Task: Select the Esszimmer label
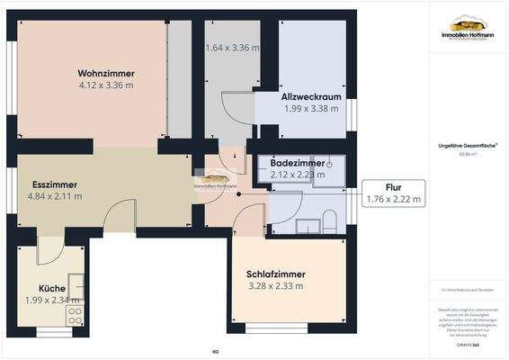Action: pyautogui.click(x=54, y=183)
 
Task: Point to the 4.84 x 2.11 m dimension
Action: pyautogui.click(x=55, y=195)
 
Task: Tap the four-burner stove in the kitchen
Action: pyautogui.click(x=76, y=315)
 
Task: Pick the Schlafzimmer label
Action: pyautogui.click(x=276, y=274)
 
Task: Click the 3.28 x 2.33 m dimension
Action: pyautogui.click(x=276, y=286)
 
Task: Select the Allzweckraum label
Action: pyautogui.click(x=310, y=96)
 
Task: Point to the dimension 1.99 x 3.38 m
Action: pyautogui.click(x=310, y=109)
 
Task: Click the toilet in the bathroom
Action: pyautogui.click(x=329, y=220)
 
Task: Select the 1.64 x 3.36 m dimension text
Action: pyautogui.click(x=232, y=48)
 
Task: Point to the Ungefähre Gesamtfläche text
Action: pyautogui.click(x=468, y=146)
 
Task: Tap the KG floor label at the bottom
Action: pyautogui.click(x=215, y=351)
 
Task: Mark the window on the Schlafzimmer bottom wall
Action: pyautogui.click(x=277, y=325)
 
